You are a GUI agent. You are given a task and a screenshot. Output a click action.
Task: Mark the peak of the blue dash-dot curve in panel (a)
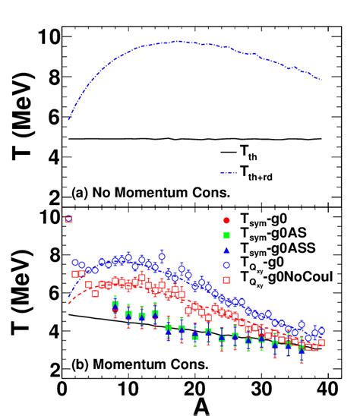pyautogui.click(x=178, y=41)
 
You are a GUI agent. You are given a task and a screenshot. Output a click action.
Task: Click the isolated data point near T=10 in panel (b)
pyautogui.click(x=68, y=219)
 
